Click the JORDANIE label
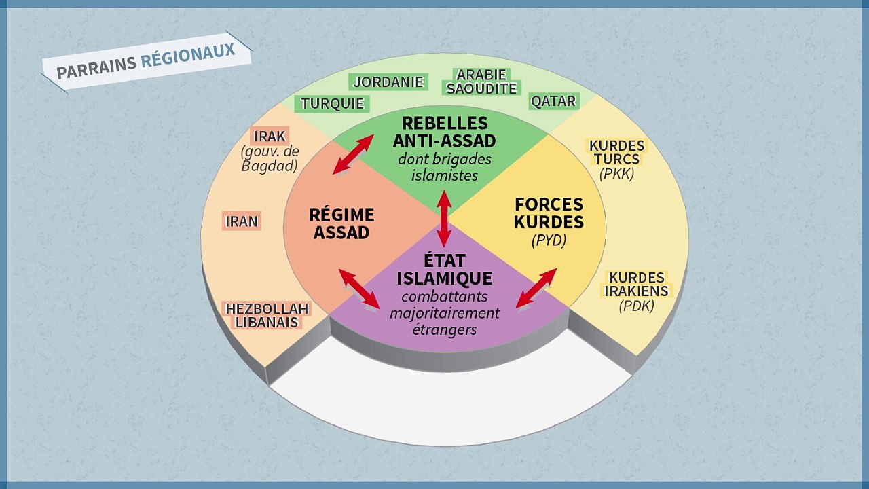[388, 82]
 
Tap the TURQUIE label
[332, 104]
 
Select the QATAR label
[553, 101]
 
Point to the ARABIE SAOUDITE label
[481, 81]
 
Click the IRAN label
[241, 221]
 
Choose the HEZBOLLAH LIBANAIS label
[267, 316]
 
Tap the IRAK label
[270, 137]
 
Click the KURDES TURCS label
[617, 153]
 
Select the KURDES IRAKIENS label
[637, 285]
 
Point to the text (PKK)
[617, 173]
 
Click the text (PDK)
[637, 306]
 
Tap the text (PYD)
[549, 240]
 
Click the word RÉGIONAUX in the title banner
[188, 55]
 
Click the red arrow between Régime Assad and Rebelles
[354, 154]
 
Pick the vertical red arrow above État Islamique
[444, 219]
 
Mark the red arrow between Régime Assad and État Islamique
[359, 289]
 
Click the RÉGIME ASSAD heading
[341, 223]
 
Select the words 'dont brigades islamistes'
[445, 167]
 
